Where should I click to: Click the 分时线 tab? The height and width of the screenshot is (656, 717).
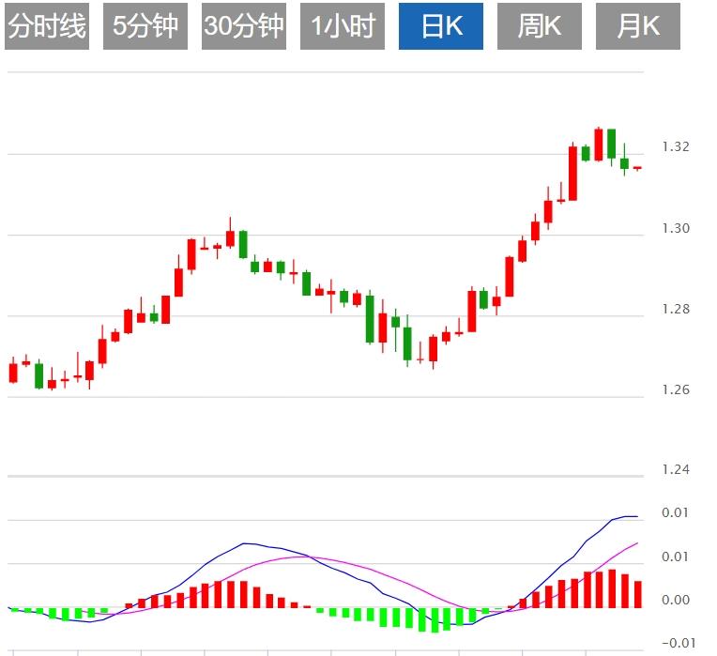click(46, 26)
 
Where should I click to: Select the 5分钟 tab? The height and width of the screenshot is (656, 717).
click(145, 26)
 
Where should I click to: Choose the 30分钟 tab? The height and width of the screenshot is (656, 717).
click(244, 26)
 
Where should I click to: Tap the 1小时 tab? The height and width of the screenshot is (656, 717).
click(343, 26)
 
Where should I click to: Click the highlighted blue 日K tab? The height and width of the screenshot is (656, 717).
click(441, 26)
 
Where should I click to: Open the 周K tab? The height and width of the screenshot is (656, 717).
click(540, 26)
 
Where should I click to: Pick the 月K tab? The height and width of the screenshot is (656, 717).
click(638, 26)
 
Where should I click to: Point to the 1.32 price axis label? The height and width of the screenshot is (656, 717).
click(676, 147)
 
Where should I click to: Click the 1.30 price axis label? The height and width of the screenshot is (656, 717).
click(676, 229)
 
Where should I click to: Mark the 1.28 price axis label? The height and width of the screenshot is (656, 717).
click(676, 310)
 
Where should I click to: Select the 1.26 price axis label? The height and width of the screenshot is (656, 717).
click(676, 390)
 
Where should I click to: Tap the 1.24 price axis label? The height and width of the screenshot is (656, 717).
click(676, 470)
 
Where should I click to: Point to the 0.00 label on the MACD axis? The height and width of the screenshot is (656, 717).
click(676, 601)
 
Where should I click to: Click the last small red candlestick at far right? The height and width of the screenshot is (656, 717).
click(637, 168)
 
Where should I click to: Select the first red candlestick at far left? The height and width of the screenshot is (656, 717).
click(13, 373)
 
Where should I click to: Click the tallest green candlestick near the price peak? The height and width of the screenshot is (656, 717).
click(611, 144)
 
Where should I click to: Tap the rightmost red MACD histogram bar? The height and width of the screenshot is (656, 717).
click(638, 594)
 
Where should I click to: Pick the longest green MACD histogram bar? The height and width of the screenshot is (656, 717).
click(435, 619)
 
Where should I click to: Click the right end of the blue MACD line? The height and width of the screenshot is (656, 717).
click(637, 516)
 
